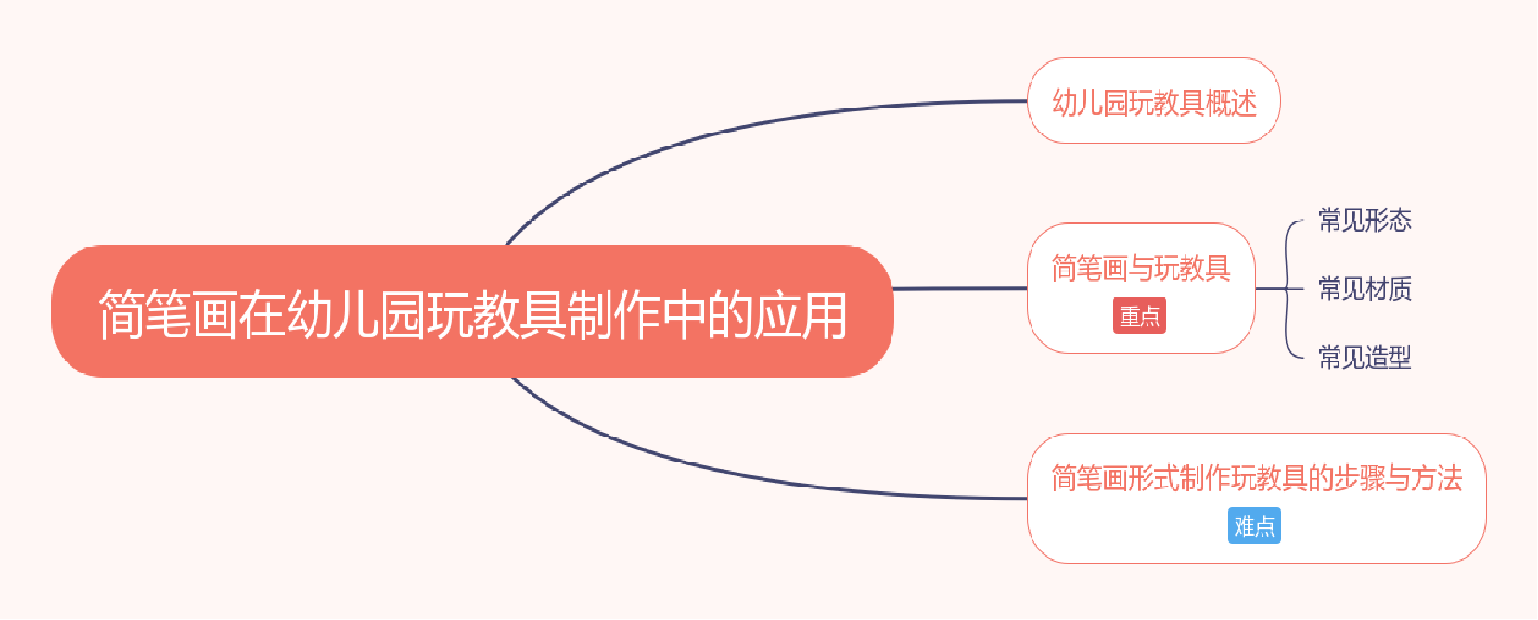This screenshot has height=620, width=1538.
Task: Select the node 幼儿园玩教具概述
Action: (1154, 102)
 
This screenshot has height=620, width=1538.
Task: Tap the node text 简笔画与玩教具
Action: (1141, 268)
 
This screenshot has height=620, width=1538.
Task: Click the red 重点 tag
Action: (1139, 316)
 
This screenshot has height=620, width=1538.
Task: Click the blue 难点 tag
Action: (1254, 526)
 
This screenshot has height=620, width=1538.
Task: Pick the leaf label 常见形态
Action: (1365, 221)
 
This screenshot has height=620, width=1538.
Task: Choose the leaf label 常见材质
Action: (1365, 289)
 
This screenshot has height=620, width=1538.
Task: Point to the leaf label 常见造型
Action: (1365, 357)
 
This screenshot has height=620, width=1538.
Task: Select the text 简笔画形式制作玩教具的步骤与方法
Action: (1256, 478)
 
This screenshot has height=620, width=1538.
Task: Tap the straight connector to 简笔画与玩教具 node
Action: (960, 289)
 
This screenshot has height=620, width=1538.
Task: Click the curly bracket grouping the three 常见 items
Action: (1288, 289)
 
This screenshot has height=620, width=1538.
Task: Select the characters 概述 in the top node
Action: (1231, 102)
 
